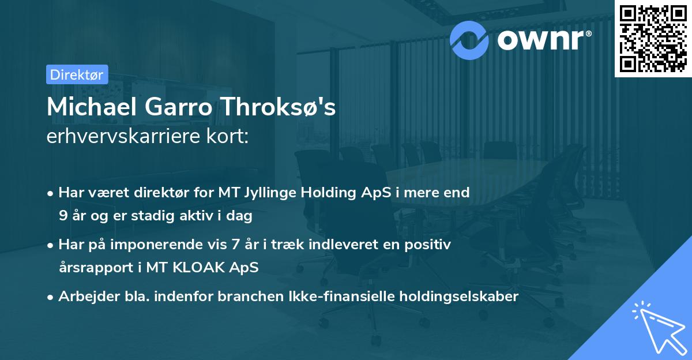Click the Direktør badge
click(77, 74)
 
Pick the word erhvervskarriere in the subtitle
click(123, 137)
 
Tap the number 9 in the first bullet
click(63, 217)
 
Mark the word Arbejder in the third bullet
click(84, 297)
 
